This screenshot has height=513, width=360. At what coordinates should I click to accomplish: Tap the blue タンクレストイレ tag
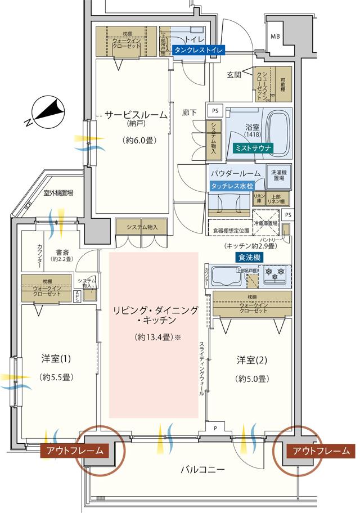tap(199, 50)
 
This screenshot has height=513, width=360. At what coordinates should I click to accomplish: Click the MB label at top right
tap(275, 37)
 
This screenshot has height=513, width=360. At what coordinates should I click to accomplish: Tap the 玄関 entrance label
tap(234, 74)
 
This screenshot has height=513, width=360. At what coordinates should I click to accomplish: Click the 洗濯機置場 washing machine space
tap(278, 176)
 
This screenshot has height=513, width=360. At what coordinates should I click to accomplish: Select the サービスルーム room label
tap(136, 114)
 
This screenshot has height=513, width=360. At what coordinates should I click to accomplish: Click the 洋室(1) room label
tap(57, 358)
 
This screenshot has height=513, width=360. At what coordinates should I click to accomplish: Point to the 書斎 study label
tap(62, 253)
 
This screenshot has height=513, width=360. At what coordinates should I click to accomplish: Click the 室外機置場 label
tap(59, 193)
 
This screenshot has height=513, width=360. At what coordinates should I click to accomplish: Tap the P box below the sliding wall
tap(215, 428)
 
